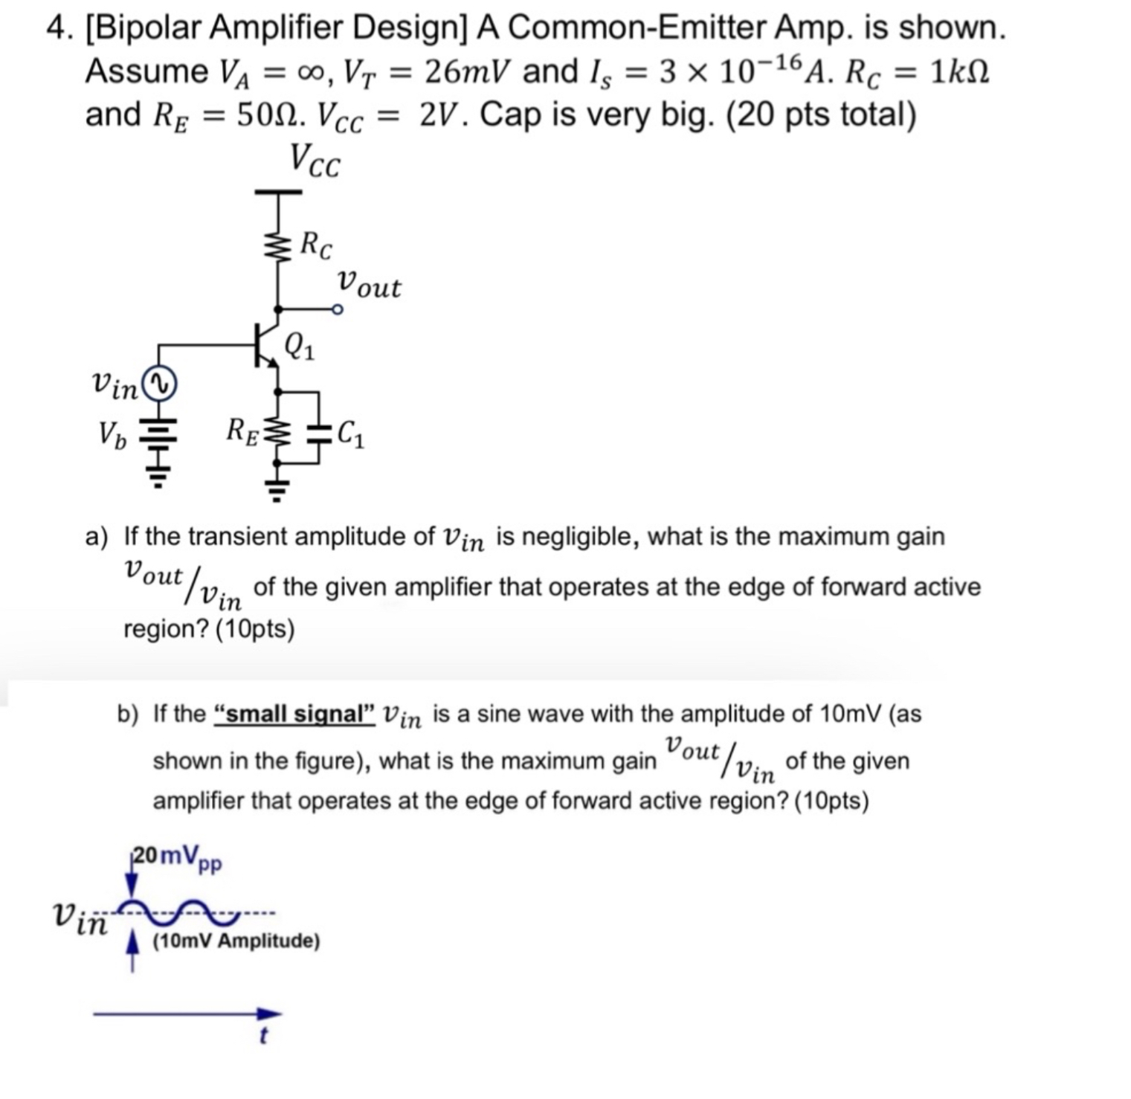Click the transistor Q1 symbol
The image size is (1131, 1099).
click(x=265, y=344)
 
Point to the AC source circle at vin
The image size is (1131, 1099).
click(x=159, y=384)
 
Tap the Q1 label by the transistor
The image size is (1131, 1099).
click(x=300, y=346)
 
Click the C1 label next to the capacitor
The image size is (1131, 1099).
click(x=351, y=435)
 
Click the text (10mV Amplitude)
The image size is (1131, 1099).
click(x=236, y=941)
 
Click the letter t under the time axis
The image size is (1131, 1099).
click(x=262, y=1035)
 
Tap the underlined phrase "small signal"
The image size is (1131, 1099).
click(x=294, y=714)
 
